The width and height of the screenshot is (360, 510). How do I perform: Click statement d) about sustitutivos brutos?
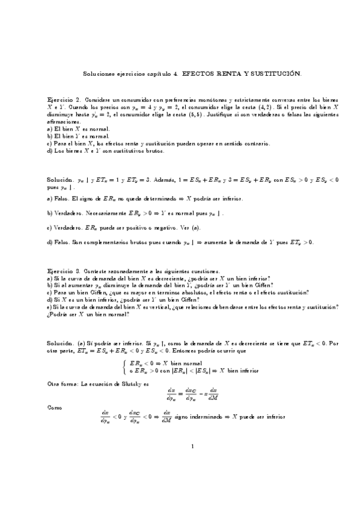(x=106, y=151)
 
